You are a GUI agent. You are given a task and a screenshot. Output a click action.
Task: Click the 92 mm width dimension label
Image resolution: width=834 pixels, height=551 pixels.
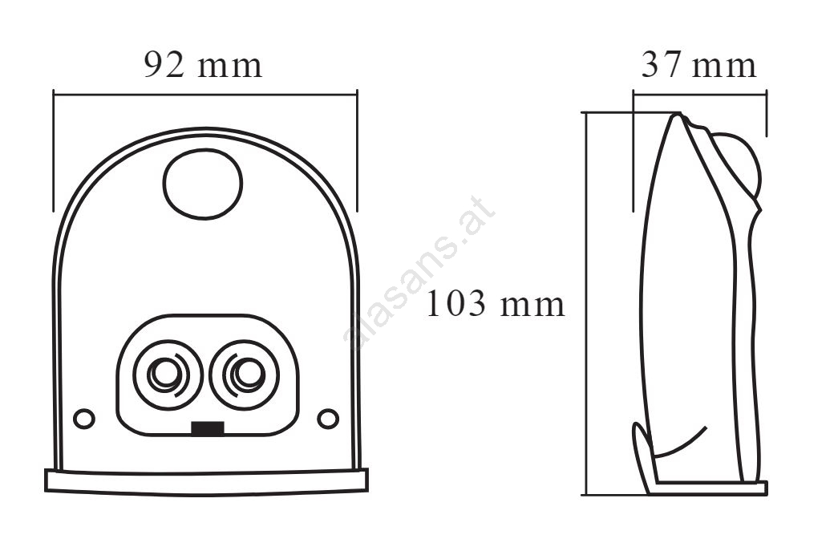tap(203, 66)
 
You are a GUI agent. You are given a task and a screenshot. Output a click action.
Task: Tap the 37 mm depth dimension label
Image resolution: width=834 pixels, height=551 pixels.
tap(698, 65)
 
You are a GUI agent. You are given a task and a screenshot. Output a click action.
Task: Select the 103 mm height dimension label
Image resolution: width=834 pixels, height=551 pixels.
tap(496, 304)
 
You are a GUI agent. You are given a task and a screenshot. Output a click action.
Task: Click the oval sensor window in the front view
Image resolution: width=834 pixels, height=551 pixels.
tap(203, 184)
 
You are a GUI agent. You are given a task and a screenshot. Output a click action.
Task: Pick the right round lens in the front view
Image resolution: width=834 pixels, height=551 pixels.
tap(244, 375)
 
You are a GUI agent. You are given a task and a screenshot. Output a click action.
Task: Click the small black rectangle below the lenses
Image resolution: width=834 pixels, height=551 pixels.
tap(208, 428)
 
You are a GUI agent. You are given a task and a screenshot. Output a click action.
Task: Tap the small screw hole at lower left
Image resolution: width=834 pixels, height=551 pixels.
tap(84, 419)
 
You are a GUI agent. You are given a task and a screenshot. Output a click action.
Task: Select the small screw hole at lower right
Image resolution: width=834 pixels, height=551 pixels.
tap(328, 419)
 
